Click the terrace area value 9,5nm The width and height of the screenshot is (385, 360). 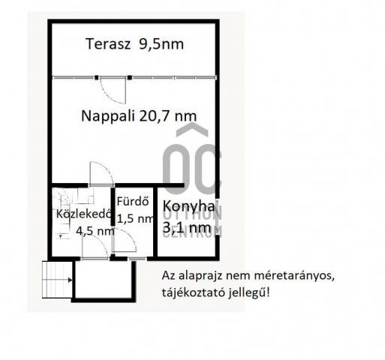coord(161,44)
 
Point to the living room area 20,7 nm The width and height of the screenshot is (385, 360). coord(170,115)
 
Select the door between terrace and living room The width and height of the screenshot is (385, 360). coord(114,88)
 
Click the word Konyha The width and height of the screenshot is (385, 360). coord(188,207)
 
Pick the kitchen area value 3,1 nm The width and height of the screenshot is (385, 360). coord(186,225)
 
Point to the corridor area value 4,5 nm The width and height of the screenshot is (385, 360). coord(95,231)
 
